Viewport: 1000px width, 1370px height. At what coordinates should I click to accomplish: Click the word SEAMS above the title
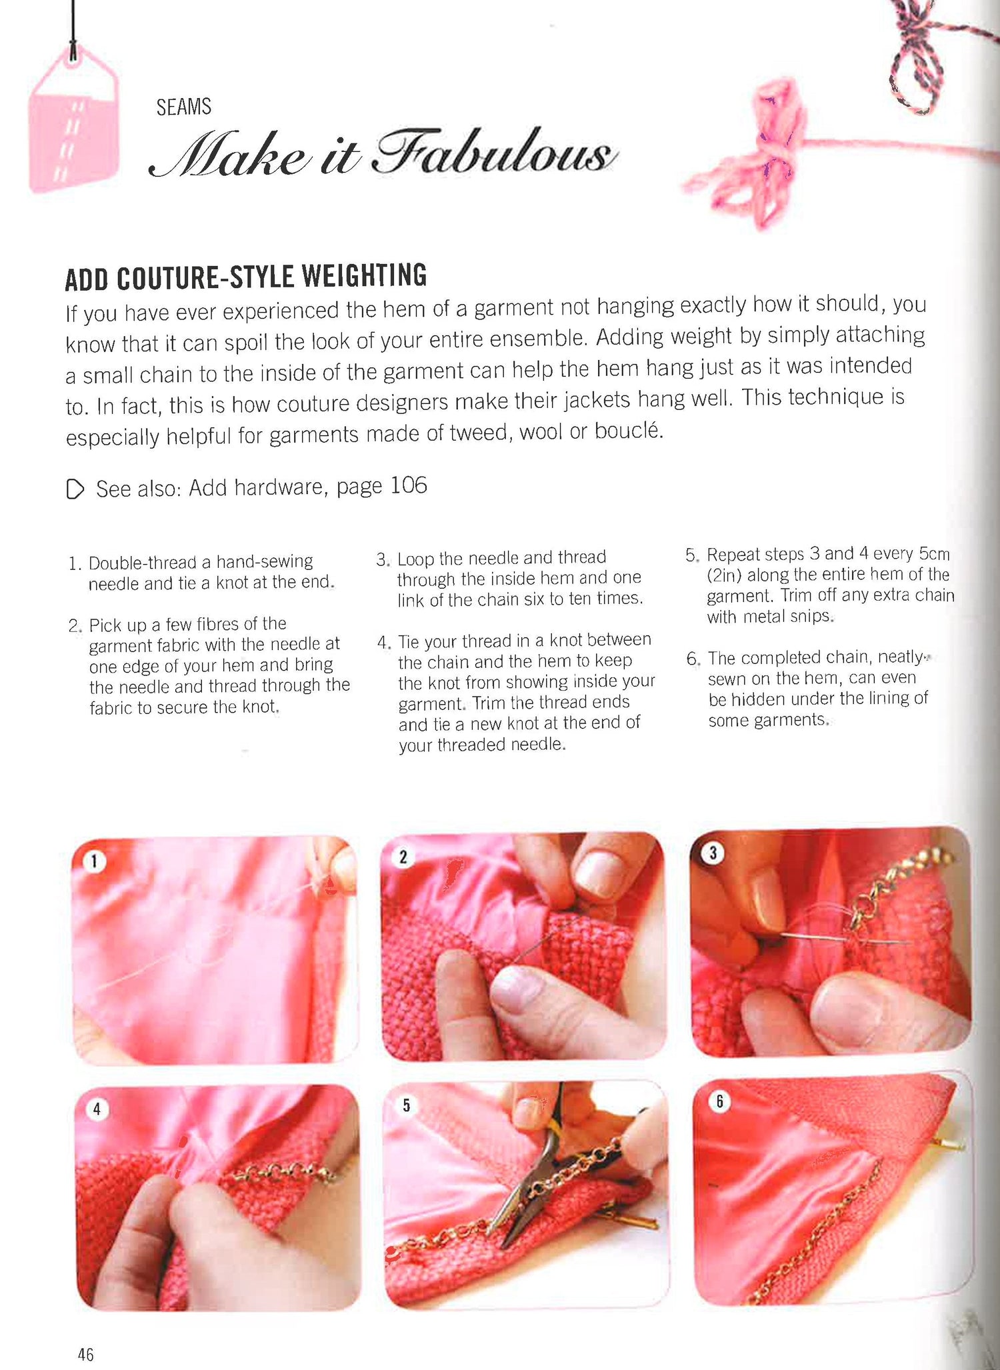[x=183, y=107]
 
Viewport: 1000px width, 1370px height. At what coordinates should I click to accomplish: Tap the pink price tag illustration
[x=73, y=120]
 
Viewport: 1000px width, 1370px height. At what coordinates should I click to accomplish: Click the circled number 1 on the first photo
[x=95, y=861]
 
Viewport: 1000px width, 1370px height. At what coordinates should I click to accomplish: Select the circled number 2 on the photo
[x=403, y=857]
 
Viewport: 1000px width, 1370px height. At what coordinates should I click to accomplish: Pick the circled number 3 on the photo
[x=713, y=853]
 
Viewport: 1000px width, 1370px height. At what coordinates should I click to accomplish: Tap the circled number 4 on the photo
[x=97, y=1109]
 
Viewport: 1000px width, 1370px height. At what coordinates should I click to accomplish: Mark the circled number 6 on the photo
[x=719, y=1101]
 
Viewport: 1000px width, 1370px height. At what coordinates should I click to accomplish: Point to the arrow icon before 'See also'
[x=75, y=489]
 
